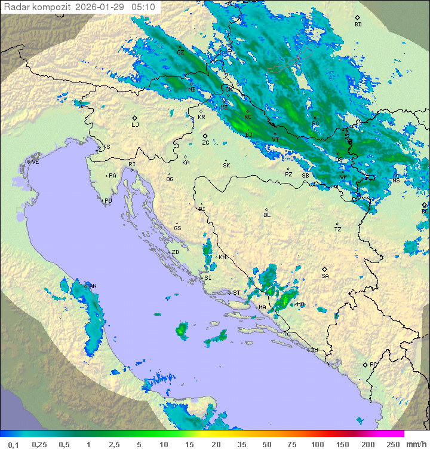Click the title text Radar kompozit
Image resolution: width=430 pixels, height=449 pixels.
point(36,7)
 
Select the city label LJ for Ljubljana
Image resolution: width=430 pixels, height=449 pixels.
point(135,124)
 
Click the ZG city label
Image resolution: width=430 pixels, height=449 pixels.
point(205,142)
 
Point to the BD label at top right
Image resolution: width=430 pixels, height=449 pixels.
point(358,24)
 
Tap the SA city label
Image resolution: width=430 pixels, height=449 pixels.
point(325,276)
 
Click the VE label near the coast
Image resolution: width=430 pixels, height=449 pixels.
point(35,162)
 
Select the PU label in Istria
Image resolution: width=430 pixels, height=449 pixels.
point(108,201)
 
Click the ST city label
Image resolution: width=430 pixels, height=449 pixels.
point(236,293)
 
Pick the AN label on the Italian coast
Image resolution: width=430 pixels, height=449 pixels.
point(93,286)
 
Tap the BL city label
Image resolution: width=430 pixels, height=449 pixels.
point(267,215)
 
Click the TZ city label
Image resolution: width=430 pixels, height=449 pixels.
point(337,229)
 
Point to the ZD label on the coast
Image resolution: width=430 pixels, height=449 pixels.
point(175,252)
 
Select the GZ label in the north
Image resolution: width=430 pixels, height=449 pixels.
point(180,52)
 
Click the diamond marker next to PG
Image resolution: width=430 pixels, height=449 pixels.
point(365,364)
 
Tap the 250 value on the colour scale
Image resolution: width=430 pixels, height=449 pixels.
point(392,444)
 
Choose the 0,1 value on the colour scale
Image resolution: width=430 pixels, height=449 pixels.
point(13,444)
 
